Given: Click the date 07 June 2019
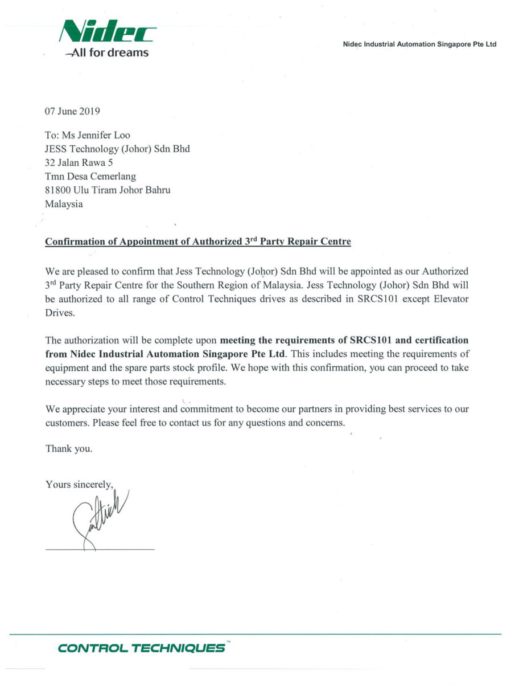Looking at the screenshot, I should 72,112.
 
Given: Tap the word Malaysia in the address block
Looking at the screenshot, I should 64,204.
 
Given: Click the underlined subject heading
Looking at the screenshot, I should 198,242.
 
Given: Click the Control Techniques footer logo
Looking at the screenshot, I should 142,648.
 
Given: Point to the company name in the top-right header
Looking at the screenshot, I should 420,44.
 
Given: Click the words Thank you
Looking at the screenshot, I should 68,449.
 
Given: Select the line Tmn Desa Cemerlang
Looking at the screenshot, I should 90,177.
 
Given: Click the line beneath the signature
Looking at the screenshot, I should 100,549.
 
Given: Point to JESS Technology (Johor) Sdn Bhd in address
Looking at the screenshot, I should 117,149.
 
